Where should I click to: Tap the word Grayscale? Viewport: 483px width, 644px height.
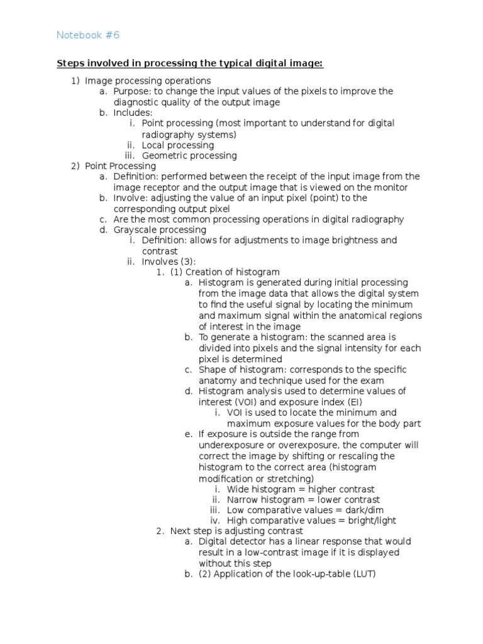click(x=136, y=230)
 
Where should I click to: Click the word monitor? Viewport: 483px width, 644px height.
click(x=390, y=187)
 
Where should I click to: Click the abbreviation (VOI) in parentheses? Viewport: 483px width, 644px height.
click(x=247, y=401)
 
